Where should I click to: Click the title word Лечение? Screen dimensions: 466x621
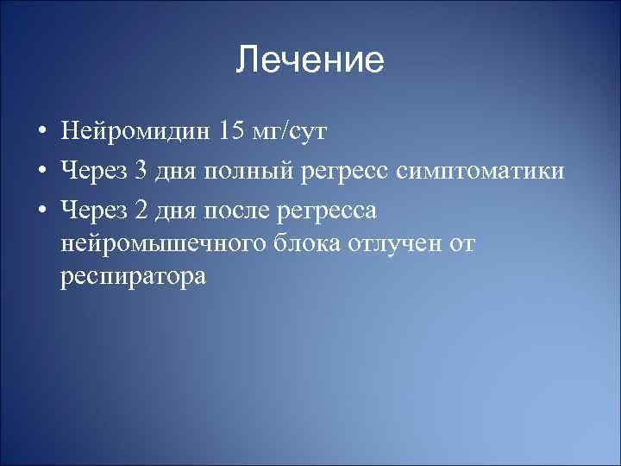[x=310, y=60]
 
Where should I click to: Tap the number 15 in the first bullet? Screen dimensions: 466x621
[x=233, y=131]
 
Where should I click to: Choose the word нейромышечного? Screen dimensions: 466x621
[x=155, y=244]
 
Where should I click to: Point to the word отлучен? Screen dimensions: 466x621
[x=393, y=244]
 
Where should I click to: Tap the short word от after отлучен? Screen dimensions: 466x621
[x=462, y=244]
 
